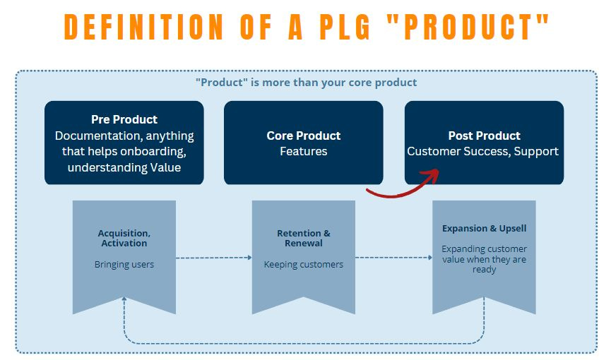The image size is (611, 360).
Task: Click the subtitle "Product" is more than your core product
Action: (306, 83)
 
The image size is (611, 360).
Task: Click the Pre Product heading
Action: (124, 119)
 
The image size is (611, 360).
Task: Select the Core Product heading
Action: (304, 136)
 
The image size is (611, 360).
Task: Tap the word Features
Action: (304, 151)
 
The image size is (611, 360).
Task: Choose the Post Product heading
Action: (484, 136)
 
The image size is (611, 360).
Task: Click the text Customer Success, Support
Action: (483, 151)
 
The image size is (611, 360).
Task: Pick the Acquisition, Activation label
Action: (124, 238)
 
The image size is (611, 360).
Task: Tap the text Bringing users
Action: (124, 265)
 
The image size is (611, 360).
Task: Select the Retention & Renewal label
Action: (304, 238)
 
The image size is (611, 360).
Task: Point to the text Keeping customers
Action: (304, 265)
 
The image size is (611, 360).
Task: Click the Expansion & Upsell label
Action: (484, 229)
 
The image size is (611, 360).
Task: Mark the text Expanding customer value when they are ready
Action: (484, 259)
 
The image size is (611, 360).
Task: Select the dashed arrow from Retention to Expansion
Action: (393, 258)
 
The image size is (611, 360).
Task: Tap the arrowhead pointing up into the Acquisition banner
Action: (124, 299)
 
